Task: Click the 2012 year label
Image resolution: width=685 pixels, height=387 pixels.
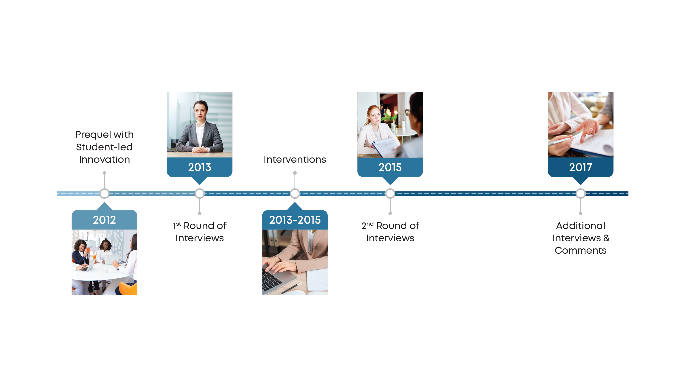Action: tap(104, 220)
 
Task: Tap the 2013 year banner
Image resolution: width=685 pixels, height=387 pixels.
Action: tap(199, 167)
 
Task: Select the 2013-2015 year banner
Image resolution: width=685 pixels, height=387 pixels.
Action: tap(295, 220)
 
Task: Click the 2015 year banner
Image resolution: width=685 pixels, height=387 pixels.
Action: tap(390, 167)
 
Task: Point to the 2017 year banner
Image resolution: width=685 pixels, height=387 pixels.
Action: tap(580, 167)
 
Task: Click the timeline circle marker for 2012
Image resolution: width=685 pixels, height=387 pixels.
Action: tap(104, 193)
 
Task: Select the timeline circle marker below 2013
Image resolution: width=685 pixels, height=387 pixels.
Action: tap(199, 193)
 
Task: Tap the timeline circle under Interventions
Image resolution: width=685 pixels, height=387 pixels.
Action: tap(295, 193)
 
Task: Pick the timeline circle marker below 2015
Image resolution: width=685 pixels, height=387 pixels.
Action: tap(390, 193)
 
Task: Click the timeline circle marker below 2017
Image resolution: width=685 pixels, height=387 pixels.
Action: tap(580, 193)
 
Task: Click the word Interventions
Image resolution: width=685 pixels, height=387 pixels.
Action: tap(295, 159)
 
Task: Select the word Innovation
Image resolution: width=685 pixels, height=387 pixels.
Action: tap(104, 159)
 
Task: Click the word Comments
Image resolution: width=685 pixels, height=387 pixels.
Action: tap(580, 250)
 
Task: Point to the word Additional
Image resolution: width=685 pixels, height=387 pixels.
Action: tap(580, 226)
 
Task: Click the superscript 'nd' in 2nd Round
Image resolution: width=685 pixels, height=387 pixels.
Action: tap(370, 224)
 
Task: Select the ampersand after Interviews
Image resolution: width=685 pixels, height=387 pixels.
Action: tap(606, 238)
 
